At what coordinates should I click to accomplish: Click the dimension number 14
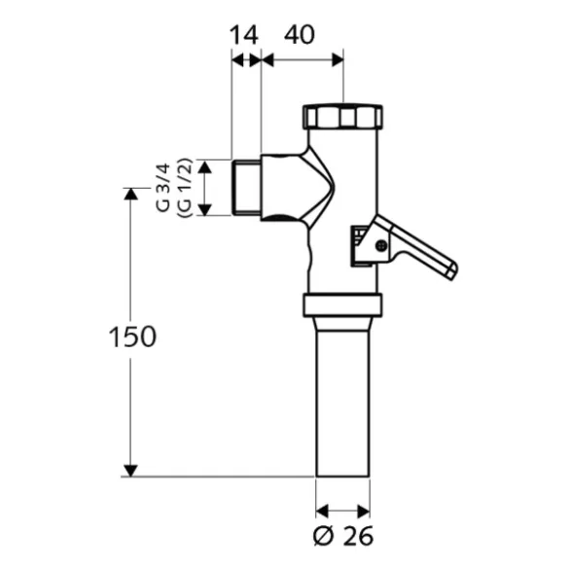coord(244,35)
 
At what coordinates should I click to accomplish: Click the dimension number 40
coord(300,35)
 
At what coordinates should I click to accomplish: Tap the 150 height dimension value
coord(132,337)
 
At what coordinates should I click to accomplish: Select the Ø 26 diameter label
coord(343,536)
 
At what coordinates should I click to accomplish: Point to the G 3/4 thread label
coord(163,188)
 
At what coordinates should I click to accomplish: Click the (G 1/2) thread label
coord(185,188)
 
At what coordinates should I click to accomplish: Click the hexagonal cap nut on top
coord(342,116)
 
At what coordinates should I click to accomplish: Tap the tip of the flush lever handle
coord(453,271)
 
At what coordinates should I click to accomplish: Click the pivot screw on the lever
coord(380,246)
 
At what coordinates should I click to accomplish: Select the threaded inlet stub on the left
coord(246,188)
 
